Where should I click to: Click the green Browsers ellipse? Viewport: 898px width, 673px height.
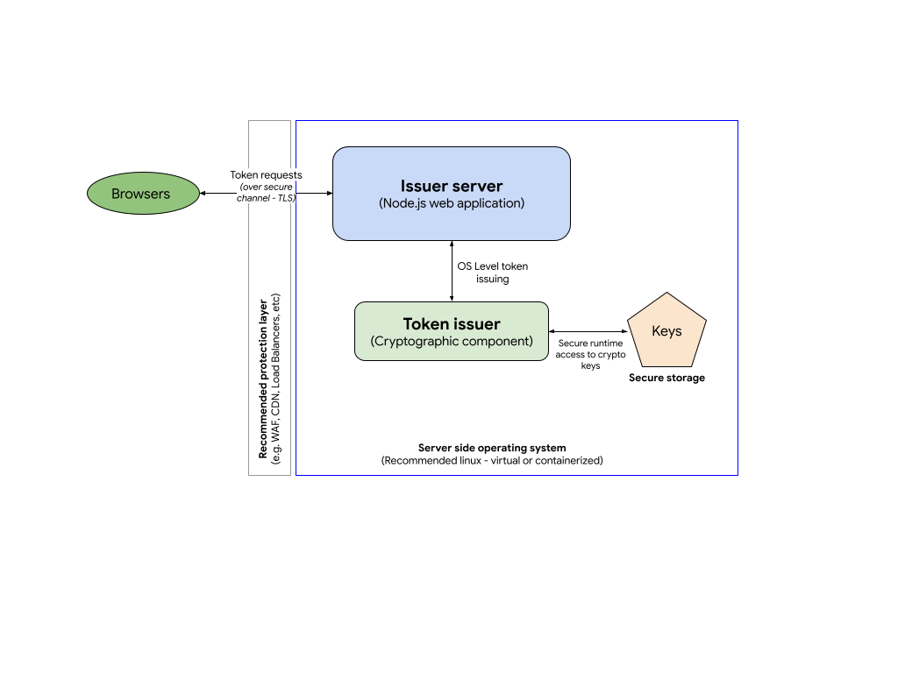143,194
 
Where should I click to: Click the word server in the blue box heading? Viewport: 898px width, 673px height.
479,186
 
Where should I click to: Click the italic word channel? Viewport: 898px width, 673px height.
253,198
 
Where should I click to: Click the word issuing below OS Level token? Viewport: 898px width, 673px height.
492,279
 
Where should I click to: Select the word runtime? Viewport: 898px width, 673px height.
608,344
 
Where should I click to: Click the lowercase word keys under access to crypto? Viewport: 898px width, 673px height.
590,365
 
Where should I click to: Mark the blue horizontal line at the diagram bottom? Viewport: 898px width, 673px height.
517,475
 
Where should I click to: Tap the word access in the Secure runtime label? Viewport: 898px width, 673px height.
570,355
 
